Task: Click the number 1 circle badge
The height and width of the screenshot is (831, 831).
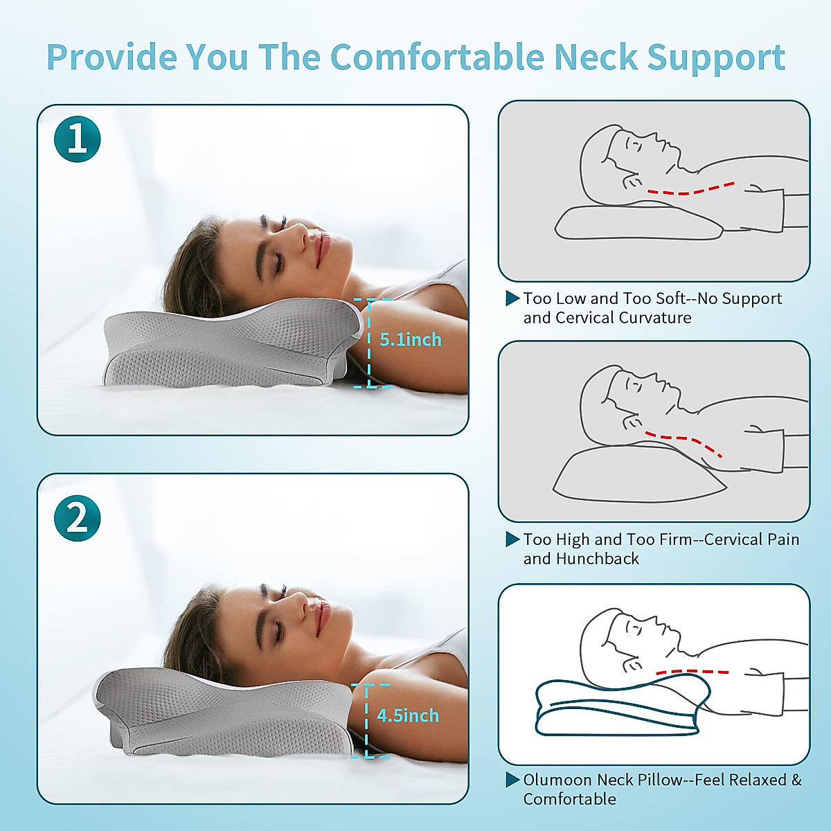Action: (x=78, y=139)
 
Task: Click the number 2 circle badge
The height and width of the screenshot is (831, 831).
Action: (x=78, y=518)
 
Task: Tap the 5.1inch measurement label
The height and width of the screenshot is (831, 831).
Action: (x=410, y=340)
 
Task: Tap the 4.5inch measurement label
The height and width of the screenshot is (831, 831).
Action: (x=408, y=715)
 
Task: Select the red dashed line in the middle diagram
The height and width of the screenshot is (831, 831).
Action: (x=686, y=441)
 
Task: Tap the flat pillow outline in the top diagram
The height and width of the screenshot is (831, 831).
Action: (x=637, y=223)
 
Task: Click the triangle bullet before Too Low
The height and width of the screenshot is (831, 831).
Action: (x=512, y=298)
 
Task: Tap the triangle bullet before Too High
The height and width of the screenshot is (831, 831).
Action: (x=512, y=539)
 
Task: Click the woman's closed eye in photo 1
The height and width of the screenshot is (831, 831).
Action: (x=278, y=261)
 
